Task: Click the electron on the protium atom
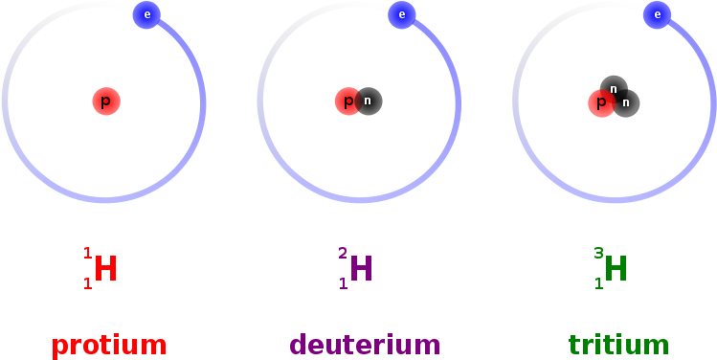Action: pos(146,14)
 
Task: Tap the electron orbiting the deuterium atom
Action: pos(402,14)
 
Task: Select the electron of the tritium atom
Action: pos(657,14)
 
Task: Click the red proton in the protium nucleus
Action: pos(106,101)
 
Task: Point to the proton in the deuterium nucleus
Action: pos(347,101)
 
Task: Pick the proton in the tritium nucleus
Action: pos(601,103)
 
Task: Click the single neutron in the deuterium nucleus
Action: pos(368,101)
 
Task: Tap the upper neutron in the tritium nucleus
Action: pos(614,89)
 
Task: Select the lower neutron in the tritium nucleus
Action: pos(626,102)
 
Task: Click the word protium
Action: pos(109,345)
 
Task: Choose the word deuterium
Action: pos(365,345)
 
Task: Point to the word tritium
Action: pos(618,345)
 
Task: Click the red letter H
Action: pos(105,269)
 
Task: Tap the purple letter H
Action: pos(361,269)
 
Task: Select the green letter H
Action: pos(616,269)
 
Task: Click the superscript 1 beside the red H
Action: pos(87,254)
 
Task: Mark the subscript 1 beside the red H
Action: pos(87,283)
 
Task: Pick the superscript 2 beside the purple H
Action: pos(343,254)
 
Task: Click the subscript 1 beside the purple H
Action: pos(343,283)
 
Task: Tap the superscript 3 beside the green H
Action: pos(598,254)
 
